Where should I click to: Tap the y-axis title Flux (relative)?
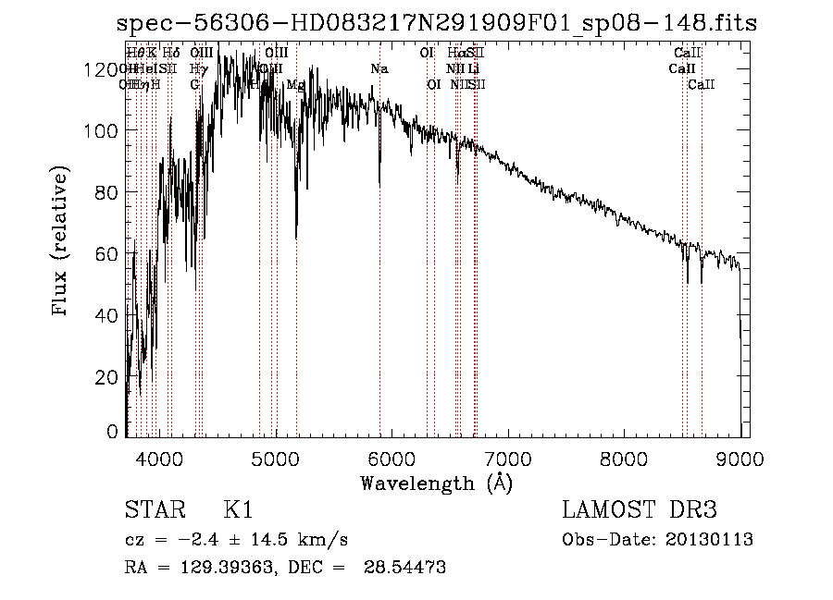61,242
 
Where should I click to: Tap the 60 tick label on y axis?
109,253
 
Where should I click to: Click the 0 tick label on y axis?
114,432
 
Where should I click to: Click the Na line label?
379,69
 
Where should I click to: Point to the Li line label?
473,69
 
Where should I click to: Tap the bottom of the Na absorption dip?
379,184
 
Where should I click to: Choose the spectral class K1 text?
238,509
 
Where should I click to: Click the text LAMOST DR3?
639,509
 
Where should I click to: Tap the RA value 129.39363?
216,568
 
